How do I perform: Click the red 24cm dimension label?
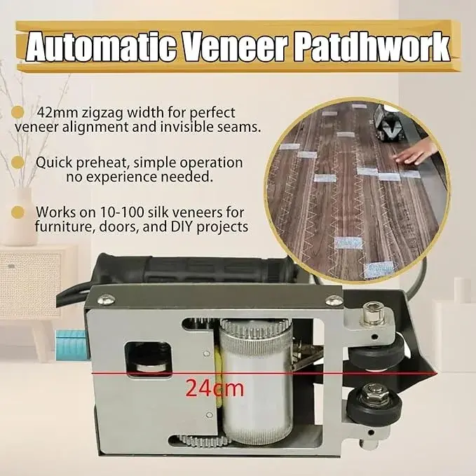click(215, 388)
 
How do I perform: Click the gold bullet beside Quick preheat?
click(18, 163)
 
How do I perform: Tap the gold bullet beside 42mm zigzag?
click(18, 112)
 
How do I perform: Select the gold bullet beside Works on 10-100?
click(18, 212)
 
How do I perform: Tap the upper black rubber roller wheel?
click(376, 353)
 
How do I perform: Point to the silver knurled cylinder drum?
click(256, 381)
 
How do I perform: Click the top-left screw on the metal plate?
click(107, 300)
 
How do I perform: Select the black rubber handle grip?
click(193, 271)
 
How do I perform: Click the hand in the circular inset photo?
click(416, 152)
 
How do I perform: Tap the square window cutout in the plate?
click(149, 360)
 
